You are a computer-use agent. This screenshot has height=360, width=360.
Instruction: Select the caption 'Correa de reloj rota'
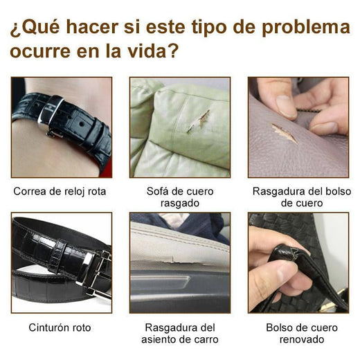tap(60, 190)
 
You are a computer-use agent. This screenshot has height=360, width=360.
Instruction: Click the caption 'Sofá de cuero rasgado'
tap(179, 197)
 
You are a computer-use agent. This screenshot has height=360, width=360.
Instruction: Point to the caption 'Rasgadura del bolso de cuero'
tap(298, 197)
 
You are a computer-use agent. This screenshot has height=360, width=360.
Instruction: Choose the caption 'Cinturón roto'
tap(60, 327)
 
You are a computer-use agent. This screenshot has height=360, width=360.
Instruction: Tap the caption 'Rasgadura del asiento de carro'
tap(179, 333)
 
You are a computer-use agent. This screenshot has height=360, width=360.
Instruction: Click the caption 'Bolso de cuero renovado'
tap(298, 333)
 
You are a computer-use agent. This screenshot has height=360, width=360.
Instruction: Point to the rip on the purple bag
tap(285, 133)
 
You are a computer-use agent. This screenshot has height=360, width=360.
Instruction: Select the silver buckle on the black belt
tap(94, 273)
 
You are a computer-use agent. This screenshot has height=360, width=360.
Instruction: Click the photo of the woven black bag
tap(298, 263)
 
